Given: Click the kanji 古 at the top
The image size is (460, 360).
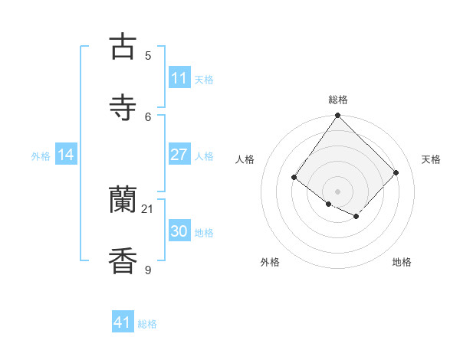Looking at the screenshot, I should pos(123,46).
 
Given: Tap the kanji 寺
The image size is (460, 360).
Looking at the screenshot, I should pos(123,107).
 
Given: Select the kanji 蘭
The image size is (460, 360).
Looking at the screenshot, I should pos(123,201).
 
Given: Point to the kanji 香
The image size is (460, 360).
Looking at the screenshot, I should pos(123,260).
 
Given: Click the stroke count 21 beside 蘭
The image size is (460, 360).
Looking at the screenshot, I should pos(148,208).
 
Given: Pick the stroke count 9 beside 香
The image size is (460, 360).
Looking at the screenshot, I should pos(148,270).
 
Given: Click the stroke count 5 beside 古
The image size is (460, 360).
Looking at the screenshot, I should pos(148,55).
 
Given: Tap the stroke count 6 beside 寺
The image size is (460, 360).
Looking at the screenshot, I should pos(148,116).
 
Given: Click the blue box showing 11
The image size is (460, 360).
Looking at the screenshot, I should pos(179,78).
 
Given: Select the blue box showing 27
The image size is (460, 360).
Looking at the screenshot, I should pos(179,155).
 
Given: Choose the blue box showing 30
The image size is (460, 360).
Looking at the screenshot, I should pos(179,231).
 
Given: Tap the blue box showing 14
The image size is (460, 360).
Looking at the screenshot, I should pos(66,155).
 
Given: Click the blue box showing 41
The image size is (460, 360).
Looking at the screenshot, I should pos(123,322).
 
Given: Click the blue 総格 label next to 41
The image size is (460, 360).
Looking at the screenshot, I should pos(147,324).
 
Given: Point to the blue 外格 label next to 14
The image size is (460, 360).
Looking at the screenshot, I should pos(41,156).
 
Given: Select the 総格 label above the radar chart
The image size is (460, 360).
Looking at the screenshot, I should pos(337,100).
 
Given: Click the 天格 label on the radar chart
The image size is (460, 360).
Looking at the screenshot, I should pos(431,159).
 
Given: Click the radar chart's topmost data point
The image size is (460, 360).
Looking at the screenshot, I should pos(337,116).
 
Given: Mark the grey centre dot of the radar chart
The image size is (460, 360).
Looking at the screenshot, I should pos(337,191).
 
